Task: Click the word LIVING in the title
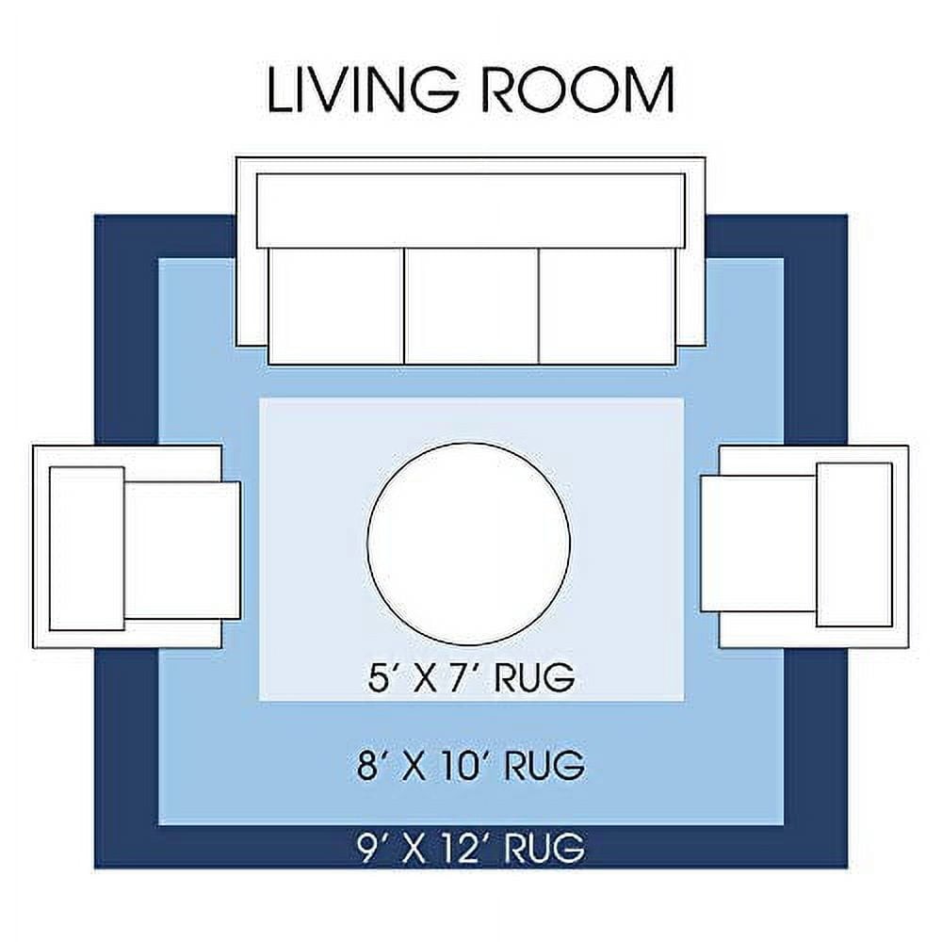point(363,89)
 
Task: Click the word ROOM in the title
point(577,89)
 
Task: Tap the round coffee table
point(468,544)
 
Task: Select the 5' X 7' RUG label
point(471,677)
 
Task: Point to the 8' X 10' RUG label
point(471,765)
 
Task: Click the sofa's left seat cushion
point(336,306)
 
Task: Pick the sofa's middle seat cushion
point(472,306)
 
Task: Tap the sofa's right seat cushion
point(608,306)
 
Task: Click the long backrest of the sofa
point(471,211)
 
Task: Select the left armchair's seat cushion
point(182,550)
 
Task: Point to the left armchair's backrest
point(87,548)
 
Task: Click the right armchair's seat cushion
point(758,544)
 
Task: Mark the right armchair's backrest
point(853,544)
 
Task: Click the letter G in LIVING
point(430,89)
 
